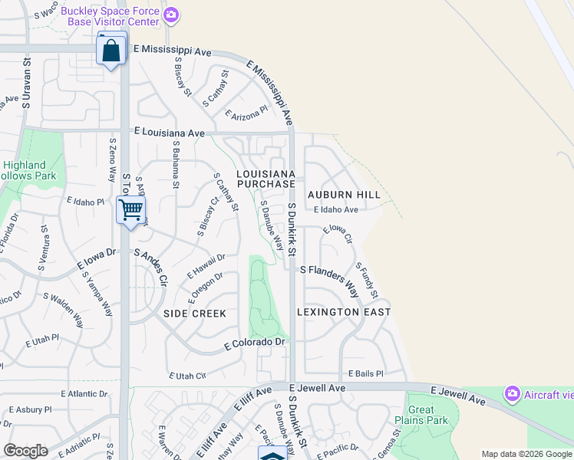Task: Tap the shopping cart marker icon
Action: (130, 209)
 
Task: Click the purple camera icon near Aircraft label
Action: (512, 394)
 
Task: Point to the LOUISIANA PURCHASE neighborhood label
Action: (266, 179)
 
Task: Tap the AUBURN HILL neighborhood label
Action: (345, 195)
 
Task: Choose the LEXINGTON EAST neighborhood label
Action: (344, 312)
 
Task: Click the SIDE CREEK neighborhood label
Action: (195, 314)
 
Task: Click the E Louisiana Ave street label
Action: (169, 133)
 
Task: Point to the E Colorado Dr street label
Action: (255, 344)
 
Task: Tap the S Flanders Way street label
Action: (330, 278)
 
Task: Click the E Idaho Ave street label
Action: (335, 209)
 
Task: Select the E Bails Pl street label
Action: (365, 373)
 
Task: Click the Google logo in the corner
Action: (25, 451)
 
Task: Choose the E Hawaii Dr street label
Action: (206, 266)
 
